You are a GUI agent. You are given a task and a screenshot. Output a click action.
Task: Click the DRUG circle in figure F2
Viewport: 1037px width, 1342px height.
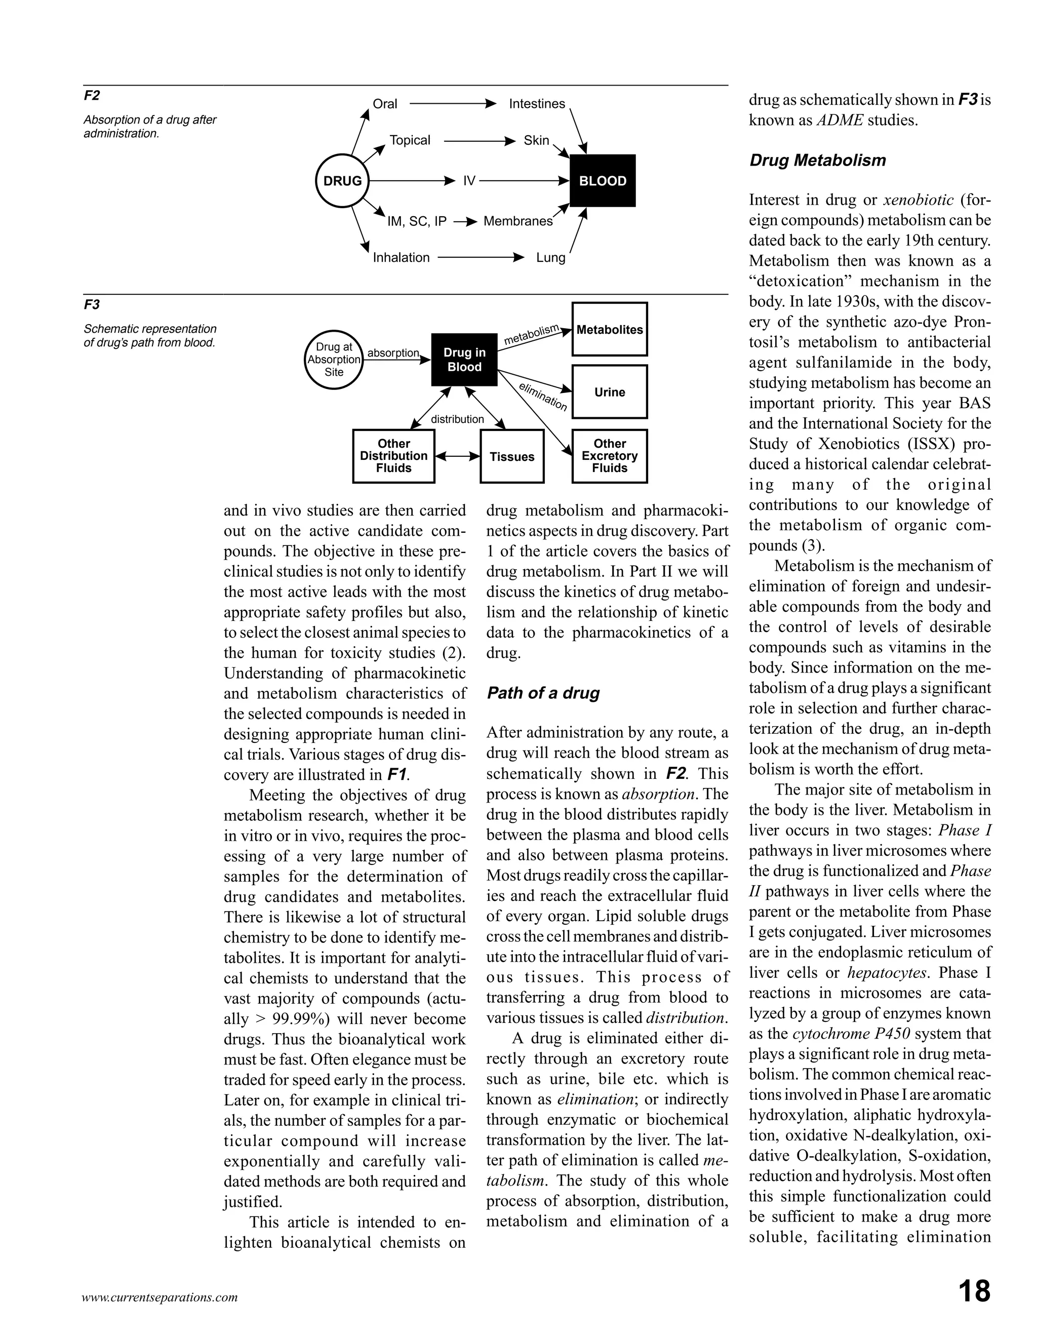(x=342, y=181)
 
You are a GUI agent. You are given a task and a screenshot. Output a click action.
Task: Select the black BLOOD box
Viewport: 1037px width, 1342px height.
(x=603, y=181)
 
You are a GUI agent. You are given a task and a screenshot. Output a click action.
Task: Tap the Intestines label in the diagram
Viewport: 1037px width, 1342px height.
(x=537, y=104)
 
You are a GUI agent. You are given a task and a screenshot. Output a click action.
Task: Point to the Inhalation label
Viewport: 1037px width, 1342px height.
(x=401, y=257)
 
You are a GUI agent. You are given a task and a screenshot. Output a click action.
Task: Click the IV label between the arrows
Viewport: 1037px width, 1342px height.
(x=469, y=181)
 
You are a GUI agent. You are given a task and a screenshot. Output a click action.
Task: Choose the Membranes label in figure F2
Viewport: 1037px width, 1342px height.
(x=518, y=221)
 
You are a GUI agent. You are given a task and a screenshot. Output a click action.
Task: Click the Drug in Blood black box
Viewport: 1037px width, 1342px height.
(x=464, y=360)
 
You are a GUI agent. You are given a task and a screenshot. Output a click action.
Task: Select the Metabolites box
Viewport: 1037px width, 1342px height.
(x=610, y=329)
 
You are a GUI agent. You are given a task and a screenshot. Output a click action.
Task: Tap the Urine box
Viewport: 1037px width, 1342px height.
(x=610, y=392)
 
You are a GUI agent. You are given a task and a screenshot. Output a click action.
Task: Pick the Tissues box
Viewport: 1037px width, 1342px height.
(x=512, y=457)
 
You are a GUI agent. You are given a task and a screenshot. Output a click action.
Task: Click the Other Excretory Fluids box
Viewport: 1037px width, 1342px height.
(x=610, y=456)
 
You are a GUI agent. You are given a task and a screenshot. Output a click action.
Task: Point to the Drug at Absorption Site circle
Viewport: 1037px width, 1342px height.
(x=334, y=360)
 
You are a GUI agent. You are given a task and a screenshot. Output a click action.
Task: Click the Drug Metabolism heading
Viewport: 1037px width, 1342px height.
(x=817, y=161)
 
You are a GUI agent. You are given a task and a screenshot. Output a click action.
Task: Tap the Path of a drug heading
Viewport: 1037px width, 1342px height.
(x=543, y=693)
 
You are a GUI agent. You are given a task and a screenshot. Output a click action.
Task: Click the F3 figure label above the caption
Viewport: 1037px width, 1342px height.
(x=92, y=305)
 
